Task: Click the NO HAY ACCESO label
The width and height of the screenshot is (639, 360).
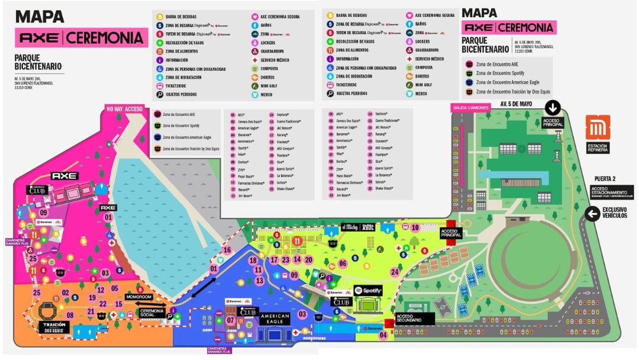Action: click(125, 108)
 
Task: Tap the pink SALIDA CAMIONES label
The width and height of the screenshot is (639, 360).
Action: click(471, 107)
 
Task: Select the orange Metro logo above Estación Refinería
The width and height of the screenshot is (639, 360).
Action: click(598, 128)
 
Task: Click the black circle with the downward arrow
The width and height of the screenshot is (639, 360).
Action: click(553, 108)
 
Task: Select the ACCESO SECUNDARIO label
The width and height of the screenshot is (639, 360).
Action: click(415, 319)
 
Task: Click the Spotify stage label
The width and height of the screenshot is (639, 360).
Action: click(368, 291)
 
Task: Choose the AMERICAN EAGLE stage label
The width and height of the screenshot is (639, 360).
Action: click(275, 320)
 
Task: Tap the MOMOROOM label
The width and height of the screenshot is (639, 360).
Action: click(139, 296)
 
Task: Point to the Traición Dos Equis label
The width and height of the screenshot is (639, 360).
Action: click(54, 327)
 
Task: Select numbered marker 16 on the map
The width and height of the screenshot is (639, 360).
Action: click(227, 250)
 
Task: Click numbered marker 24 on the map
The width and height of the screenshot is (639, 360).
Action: click(395, 272)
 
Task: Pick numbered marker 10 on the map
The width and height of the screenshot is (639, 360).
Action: click(415, 227)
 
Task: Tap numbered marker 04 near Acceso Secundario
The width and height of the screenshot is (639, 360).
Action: click(383, 335)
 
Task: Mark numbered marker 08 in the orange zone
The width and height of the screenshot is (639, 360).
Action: click(70, 315)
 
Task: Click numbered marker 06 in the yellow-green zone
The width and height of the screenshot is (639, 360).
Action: click(342, 263)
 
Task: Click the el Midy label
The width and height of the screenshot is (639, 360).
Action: click(349, 227)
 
